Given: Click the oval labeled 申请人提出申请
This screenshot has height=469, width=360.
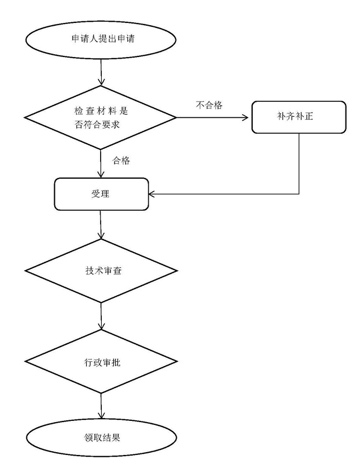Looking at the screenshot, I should (101, 40).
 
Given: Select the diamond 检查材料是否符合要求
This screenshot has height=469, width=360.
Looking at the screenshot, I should (101, 117).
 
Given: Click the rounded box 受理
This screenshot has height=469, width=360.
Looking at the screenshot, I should (101, 194).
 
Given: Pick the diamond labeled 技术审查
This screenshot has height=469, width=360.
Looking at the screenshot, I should (101, 271).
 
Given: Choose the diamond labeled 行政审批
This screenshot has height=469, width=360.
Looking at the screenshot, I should (101, 362).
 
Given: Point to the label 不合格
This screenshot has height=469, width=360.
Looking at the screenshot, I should (209, 105).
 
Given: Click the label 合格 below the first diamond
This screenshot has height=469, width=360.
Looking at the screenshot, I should (121, 161).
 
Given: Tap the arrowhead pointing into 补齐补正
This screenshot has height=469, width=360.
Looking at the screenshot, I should (248, 117).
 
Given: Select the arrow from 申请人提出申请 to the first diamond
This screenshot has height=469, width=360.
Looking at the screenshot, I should (101, 70).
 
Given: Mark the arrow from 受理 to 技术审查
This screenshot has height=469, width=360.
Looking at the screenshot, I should (101, 225).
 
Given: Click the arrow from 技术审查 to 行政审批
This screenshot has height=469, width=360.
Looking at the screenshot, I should (101, 316).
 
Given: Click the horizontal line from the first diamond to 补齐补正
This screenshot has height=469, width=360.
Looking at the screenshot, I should (212, 117).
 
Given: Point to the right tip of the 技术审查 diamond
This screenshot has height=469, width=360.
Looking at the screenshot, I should (177, 271).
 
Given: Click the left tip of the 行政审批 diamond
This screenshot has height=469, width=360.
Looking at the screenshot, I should (26, 362).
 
